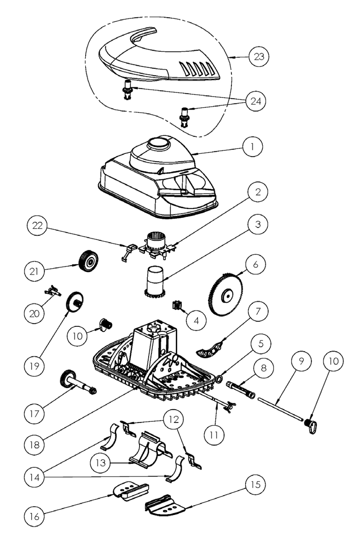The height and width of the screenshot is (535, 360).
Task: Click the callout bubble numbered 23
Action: click(259, 57)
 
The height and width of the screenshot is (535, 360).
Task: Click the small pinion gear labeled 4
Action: click(175, 305)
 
